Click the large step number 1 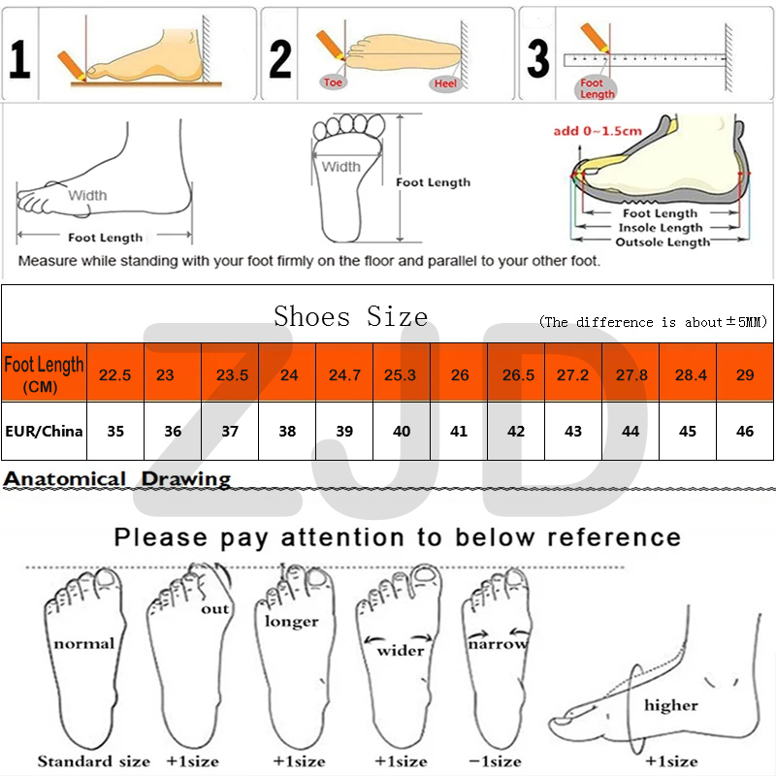pyautogui.click(x=19, y=59)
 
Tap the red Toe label pyautogui.click(x=333, y=82)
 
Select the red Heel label pyautogui.click(x=445, y=83)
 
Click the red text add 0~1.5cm pyautogui.click(x=598, y=131)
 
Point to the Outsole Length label pyautogui.click(x=663, y=242)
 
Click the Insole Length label pyautogui.click(x=661, y=228)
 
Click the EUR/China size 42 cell pyautogui.click(x=516, y=431)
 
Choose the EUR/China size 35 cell pyautogui.click(x=115, y=431)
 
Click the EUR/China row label pyautogui.click(x=44, y=431)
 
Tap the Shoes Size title pyautogui.click(x=351, y=316)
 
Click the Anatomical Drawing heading pyautogui.click(x=116, y=479)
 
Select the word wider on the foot pyautogui.click(x=401, y=650)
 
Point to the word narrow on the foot pyautogui.click(x=498, y=644)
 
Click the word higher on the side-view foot pyautogui.click(x=671, y=705)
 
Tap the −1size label pyautogui.click(x=495, y=761)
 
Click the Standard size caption pyautogui.click(x=93, y=761)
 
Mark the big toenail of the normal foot pyautogui.click(x=106, y=578)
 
